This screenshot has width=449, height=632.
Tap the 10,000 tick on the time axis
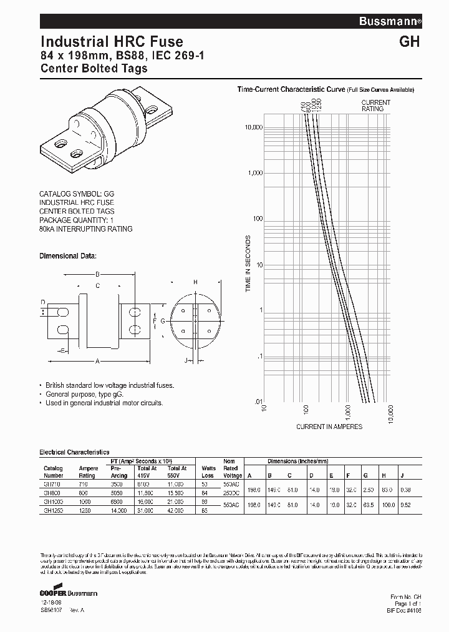(x=253, y=127)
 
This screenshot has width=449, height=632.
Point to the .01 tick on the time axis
(x=258, y=402)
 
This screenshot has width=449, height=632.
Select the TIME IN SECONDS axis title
(x=248, y=264)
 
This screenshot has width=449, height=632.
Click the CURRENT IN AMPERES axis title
(x=329, y=427)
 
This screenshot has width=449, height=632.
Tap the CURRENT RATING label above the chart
(x=376, y=106)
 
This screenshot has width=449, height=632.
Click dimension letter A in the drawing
(x=98, y=360)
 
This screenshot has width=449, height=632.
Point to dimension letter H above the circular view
(x=195, y=282)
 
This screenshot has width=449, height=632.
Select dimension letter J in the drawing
(x=186, y=360)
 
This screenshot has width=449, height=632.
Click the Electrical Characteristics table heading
(x=74, y=452)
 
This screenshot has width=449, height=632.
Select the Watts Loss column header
(x=208, y=472)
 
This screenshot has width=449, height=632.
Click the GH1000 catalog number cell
(x=54, y=501)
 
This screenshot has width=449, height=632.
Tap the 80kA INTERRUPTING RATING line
(x=86, y=229)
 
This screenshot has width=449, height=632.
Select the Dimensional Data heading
(x=68, y=256)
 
